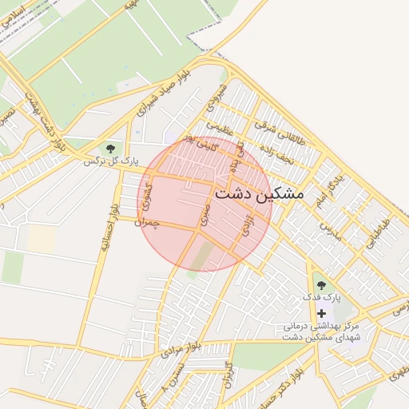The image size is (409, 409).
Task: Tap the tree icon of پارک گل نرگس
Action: click(x=111, y=148)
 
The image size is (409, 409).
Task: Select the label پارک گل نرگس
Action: click(x=112, y=161)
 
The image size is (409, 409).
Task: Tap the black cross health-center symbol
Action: click(x=321, y=314)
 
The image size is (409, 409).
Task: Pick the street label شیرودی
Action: click(x=217, y=96)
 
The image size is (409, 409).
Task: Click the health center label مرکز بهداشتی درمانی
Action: click(x=322, y=327)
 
